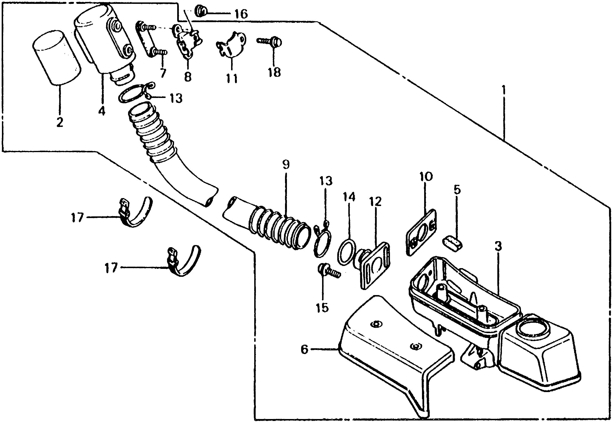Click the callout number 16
(x=241, y=14)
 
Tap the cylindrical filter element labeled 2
(x=57, y=57)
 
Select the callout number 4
(x=102, y=110)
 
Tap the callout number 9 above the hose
(x=286, y=165)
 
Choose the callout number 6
(x=305, y=349)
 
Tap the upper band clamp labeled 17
(x=136, y=213)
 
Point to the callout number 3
(x=498, y=246)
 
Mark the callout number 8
(x=188, y=77)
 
